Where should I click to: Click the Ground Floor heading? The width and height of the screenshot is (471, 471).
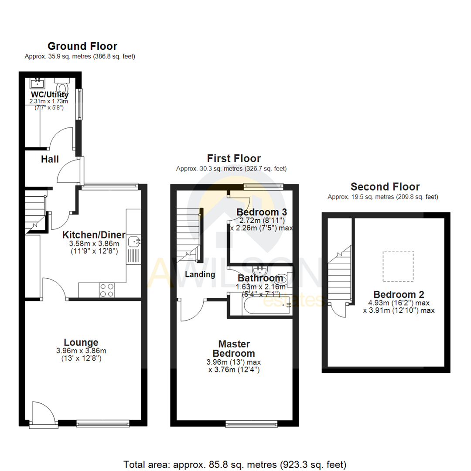point(82,46)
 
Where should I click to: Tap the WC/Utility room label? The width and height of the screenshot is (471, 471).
point(49,95)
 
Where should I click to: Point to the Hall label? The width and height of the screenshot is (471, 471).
point(50,160)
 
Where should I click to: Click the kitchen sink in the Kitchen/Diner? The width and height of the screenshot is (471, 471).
point(133,240)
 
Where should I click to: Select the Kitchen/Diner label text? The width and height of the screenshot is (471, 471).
point(94,235)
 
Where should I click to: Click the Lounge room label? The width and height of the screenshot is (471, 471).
point(81,343)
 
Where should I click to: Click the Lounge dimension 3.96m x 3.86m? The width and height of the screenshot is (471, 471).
point(81,351)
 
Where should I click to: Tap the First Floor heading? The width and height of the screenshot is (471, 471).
point(234,159)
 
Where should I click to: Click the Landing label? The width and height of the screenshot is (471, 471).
point(200,275)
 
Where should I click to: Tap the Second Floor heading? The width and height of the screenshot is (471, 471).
point(385,187)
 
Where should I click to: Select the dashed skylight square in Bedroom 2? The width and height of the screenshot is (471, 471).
point(398,266)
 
